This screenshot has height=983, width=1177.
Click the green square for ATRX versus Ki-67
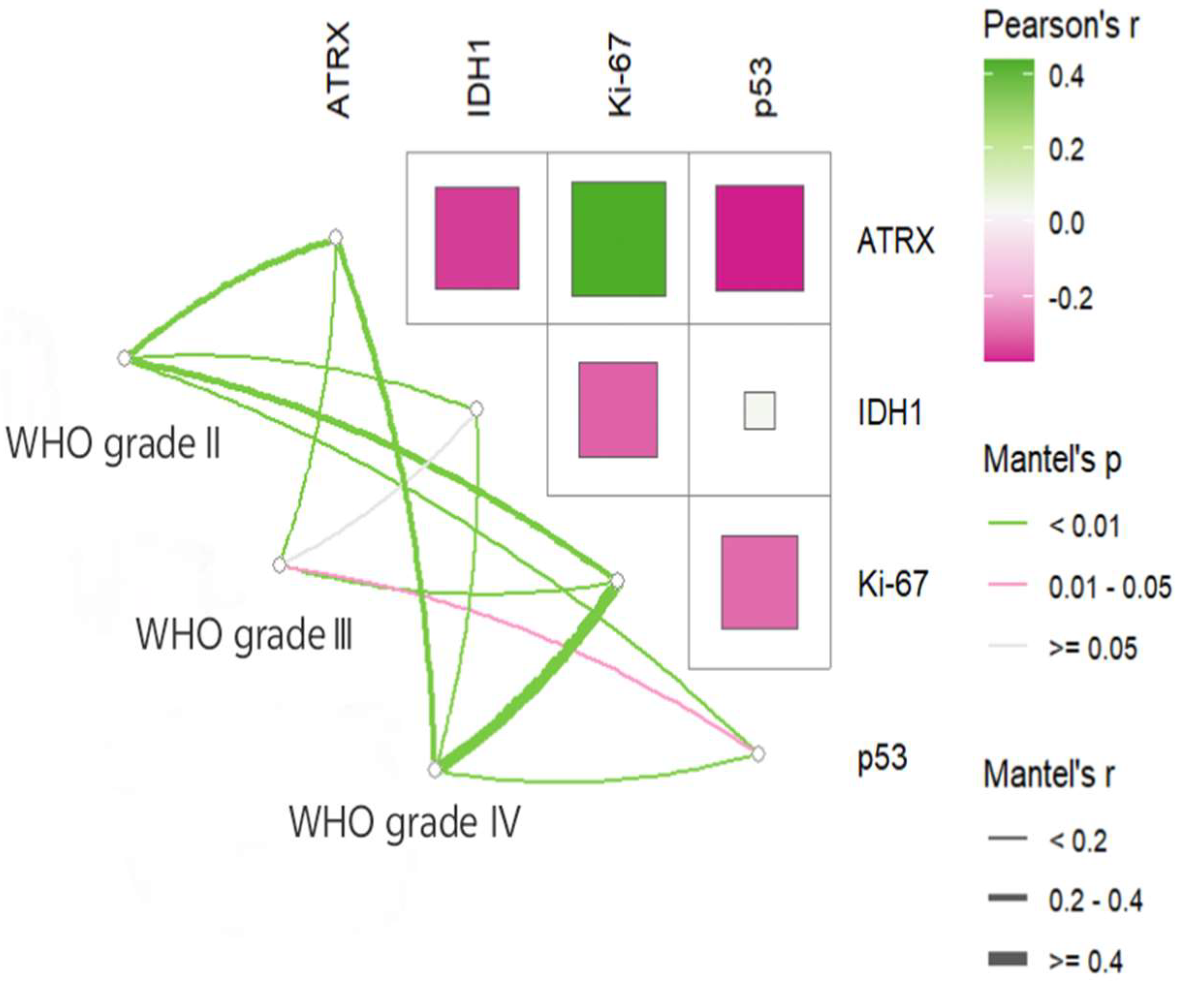[619, 239]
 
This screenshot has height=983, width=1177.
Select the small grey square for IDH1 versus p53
[759, 411]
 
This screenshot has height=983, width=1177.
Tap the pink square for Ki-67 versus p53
[759, 582]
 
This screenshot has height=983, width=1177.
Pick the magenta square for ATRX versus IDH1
[477, 238]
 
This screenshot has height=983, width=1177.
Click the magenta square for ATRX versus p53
[759, 238]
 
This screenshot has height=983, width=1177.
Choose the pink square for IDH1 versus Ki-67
[618, 410]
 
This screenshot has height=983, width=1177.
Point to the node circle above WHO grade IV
[435, 769]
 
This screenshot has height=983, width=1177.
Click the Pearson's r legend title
[1061, 26]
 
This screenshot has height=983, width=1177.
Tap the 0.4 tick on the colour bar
[1067, 76]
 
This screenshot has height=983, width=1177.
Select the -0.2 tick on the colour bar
[1070, 298]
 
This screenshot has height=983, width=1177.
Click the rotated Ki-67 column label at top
[620, 78]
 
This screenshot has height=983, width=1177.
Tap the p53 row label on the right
[882, 758]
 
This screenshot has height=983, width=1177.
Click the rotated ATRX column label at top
[338, 70]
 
